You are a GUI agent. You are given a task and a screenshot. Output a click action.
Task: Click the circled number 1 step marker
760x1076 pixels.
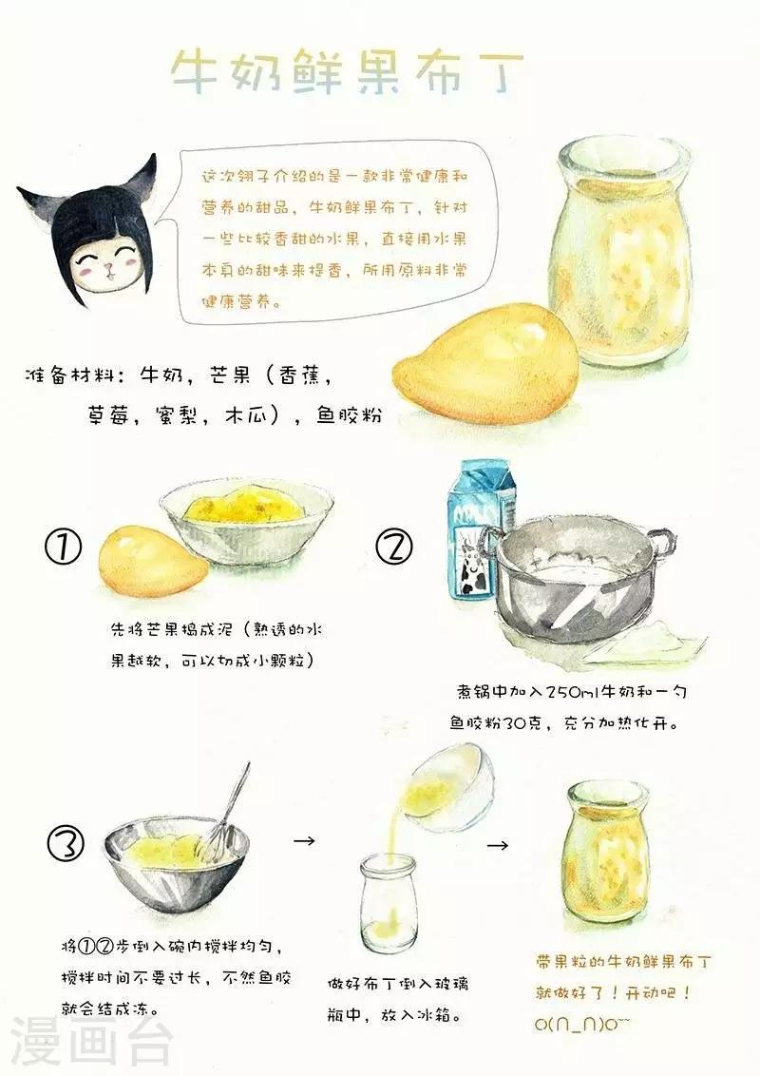(x=63, y=547)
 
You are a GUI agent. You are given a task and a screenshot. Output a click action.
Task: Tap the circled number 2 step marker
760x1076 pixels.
(x=394, y=547)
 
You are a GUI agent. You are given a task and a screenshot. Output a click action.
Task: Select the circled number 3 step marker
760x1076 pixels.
(x=66, y=843)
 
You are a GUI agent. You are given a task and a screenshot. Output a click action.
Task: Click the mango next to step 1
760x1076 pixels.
(x=152, y=556)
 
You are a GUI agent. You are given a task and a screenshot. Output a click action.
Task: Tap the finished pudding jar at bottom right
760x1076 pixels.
(x=606, y=855)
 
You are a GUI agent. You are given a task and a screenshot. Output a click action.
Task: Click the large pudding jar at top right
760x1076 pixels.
(x=623, y=251)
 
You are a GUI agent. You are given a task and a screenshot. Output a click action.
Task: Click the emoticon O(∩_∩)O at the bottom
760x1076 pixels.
(x=581, y=1025)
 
